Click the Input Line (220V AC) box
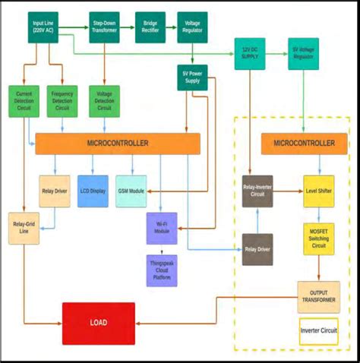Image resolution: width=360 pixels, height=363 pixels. coord(43,27)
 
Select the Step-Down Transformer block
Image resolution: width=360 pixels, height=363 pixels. coord(105,27)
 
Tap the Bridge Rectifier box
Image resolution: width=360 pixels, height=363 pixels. coord(150,27)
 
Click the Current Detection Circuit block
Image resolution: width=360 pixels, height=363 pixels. coord(23,101)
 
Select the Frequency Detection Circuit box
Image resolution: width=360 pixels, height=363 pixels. coord(62,101)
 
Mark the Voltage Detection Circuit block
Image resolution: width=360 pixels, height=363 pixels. coord(105,101)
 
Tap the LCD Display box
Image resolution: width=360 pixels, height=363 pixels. coord(93,191)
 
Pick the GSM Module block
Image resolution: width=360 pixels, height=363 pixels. coord(132,191)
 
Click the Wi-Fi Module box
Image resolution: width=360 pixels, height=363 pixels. coord(162,227)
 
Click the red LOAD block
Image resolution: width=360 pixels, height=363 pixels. coord(98,323)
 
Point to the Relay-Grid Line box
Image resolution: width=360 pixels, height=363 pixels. coord(24,228)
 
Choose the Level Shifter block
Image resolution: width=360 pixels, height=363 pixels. coord(318,191)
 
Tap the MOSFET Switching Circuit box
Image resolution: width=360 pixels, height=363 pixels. coord(318,236)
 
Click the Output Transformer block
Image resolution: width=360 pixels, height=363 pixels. coord(318,296)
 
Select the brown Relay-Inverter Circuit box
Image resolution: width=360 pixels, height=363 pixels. coord(257,191)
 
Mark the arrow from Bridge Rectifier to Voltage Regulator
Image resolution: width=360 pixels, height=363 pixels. coord(171,27)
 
